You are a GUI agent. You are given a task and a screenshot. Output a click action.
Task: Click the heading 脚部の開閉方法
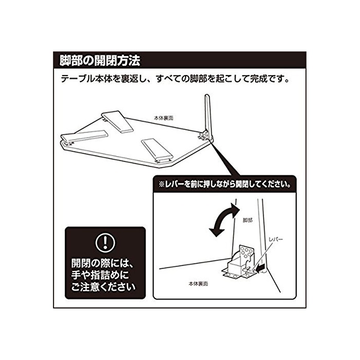point(100,61)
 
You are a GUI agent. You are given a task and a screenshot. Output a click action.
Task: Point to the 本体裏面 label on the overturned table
point(163,118)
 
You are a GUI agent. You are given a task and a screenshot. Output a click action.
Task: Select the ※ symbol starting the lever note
point(161,184)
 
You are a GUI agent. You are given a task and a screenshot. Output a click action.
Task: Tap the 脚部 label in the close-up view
point(247,220)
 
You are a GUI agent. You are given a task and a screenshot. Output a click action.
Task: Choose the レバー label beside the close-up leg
point(276,239)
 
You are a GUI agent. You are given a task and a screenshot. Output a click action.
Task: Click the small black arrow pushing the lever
point(261,268)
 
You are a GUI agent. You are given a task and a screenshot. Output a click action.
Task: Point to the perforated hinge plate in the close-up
point(246,252)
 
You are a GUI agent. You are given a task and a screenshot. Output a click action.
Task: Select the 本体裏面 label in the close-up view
point(199,284)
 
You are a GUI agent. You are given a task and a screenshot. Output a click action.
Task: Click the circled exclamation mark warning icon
point(105,243)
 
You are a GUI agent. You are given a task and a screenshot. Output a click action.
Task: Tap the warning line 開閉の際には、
point(102,263)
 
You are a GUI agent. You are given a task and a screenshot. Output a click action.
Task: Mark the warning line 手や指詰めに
point(100,275)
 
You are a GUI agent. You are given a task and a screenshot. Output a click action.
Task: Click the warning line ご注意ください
point(103,287)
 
